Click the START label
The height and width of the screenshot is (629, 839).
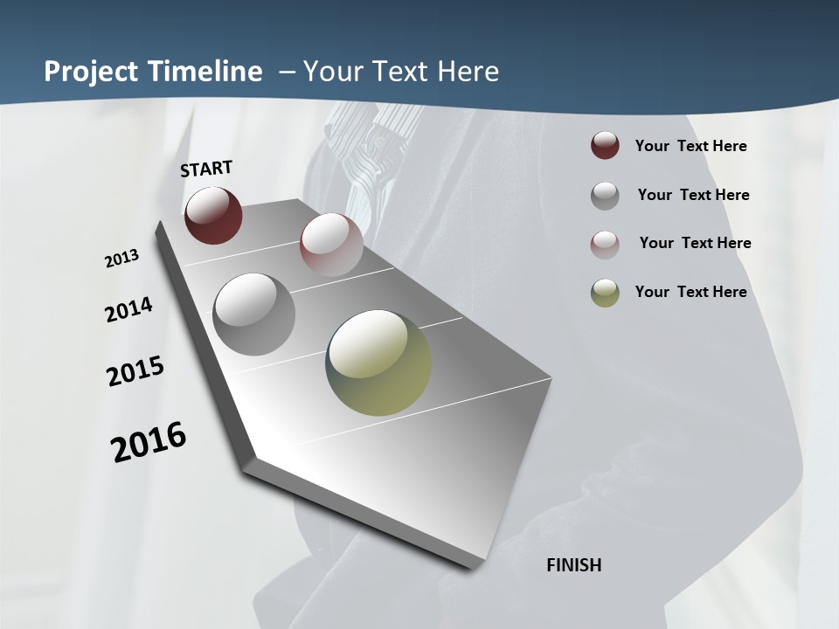[x=206, y=169]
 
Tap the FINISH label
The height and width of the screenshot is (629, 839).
[x=574, y=565]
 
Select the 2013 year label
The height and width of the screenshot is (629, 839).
[x=122, y=259]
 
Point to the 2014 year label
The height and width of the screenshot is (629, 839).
[x=129, y=310]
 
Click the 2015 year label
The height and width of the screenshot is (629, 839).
[x=135, y=371]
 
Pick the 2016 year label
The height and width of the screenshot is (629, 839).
[x=149, y=442]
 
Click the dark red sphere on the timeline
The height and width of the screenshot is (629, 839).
[x=213, y=216]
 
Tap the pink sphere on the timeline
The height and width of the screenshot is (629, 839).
[x=331, y=244]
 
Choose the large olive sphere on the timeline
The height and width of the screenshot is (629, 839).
[x=378, y=363]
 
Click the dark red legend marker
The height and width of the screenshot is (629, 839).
[x=605, y=146]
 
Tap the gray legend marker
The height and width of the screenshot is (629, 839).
[x=605, y=195]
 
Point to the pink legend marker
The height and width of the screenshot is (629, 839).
[x=605, y=244]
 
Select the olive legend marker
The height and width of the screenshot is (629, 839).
[x=605, y=292]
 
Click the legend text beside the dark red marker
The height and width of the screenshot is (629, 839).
[x=690, y=146]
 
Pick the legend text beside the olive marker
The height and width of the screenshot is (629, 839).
[x=690, y=292]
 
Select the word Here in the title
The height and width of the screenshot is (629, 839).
[x=467, y=72]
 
